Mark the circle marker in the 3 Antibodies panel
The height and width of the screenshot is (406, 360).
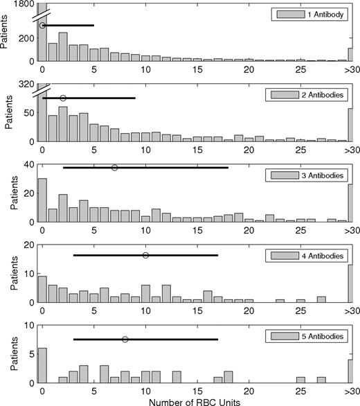(115, 168)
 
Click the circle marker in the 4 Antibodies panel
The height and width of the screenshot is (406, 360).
(145, 256)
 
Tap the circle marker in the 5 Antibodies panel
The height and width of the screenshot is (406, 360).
(125, 339)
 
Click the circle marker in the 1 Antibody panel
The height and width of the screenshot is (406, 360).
(42, 26)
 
